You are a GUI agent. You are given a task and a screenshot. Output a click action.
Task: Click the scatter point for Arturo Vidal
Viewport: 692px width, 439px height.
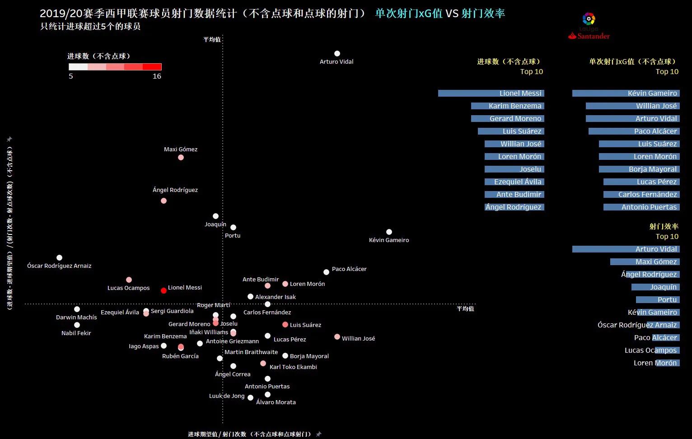pos(337,54)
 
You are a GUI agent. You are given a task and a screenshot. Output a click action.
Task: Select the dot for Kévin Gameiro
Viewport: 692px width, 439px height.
pos(389,232)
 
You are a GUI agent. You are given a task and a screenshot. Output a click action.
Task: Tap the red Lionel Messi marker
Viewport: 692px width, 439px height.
pos(164,290)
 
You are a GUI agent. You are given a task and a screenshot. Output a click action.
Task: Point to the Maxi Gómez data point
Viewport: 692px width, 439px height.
pos(181,158)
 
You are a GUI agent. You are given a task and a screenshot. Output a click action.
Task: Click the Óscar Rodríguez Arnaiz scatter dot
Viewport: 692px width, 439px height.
pos(59,258)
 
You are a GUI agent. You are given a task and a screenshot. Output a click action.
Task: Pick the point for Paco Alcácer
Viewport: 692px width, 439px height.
pos(326,272)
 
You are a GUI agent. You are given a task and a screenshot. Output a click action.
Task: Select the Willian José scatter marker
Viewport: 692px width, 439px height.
pos(337,337)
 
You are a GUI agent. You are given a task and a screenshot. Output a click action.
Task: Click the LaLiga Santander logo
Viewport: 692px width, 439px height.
pos(589,26)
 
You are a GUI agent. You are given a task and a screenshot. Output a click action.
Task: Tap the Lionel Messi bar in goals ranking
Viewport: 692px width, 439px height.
pos(491,93)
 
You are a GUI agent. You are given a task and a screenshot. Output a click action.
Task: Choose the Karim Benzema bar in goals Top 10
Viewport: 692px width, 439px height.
pos(507,106)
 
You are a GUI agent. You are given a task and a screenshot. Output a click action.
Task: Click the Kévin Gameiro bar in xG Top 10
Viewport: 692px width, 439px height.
pos(626,93)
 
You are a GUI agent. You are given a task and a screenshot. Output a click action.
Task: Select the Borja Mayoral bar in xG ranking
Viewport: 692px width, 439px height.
pos(639,169)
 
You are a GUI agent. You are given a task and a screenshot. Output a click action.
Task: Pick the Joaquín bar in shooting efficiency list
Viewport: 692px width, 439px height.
pos(655,287)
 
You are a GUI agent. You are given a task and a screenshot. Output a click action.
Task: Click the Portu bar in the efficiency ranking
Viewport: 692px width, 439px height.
pos(657,300)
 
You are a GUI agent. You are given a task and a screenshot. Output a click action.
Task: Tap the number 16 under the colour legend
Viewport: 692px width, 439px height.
pos(157,76)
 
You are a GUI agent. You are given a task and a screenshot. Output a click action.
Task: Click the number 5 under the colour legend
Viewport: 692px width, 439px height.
pos(71,76)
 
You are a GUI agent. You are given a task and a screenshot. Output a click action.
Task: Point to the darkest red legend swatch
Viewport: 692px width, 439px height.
pos(152,67)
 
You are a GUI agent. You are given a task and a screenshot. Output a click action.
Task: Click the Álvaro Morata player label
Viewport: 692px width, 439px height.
pos(276,402)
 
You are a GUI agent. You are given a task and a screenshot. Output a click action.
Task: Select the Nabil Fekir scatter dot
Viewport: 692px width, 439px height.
pos(77,325)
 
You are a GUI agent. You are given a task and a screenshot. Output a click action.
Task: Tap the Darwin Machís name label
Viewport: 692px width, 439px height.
pos(76,318)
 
